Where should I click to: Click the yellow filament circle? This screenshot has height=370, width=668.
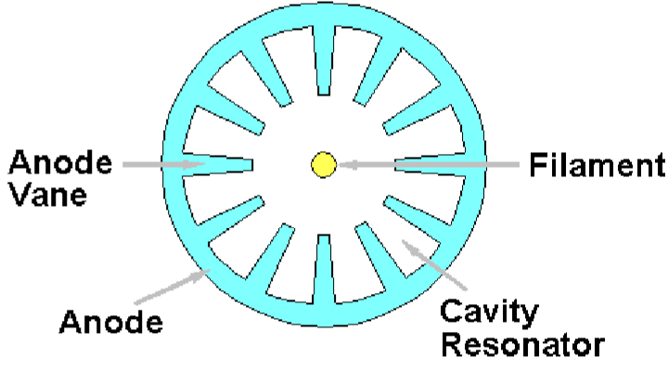coord(323,165)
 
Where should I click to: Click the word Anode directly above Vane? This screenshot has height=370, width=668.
coord(60,163)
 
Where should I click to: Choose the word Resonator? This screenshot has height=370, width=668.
coord(522,346)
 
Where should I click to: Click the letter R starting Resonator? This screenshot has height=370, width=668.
coord(454,346)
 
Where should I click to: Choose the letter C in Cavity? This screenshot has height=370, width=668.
coord(454,313)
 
